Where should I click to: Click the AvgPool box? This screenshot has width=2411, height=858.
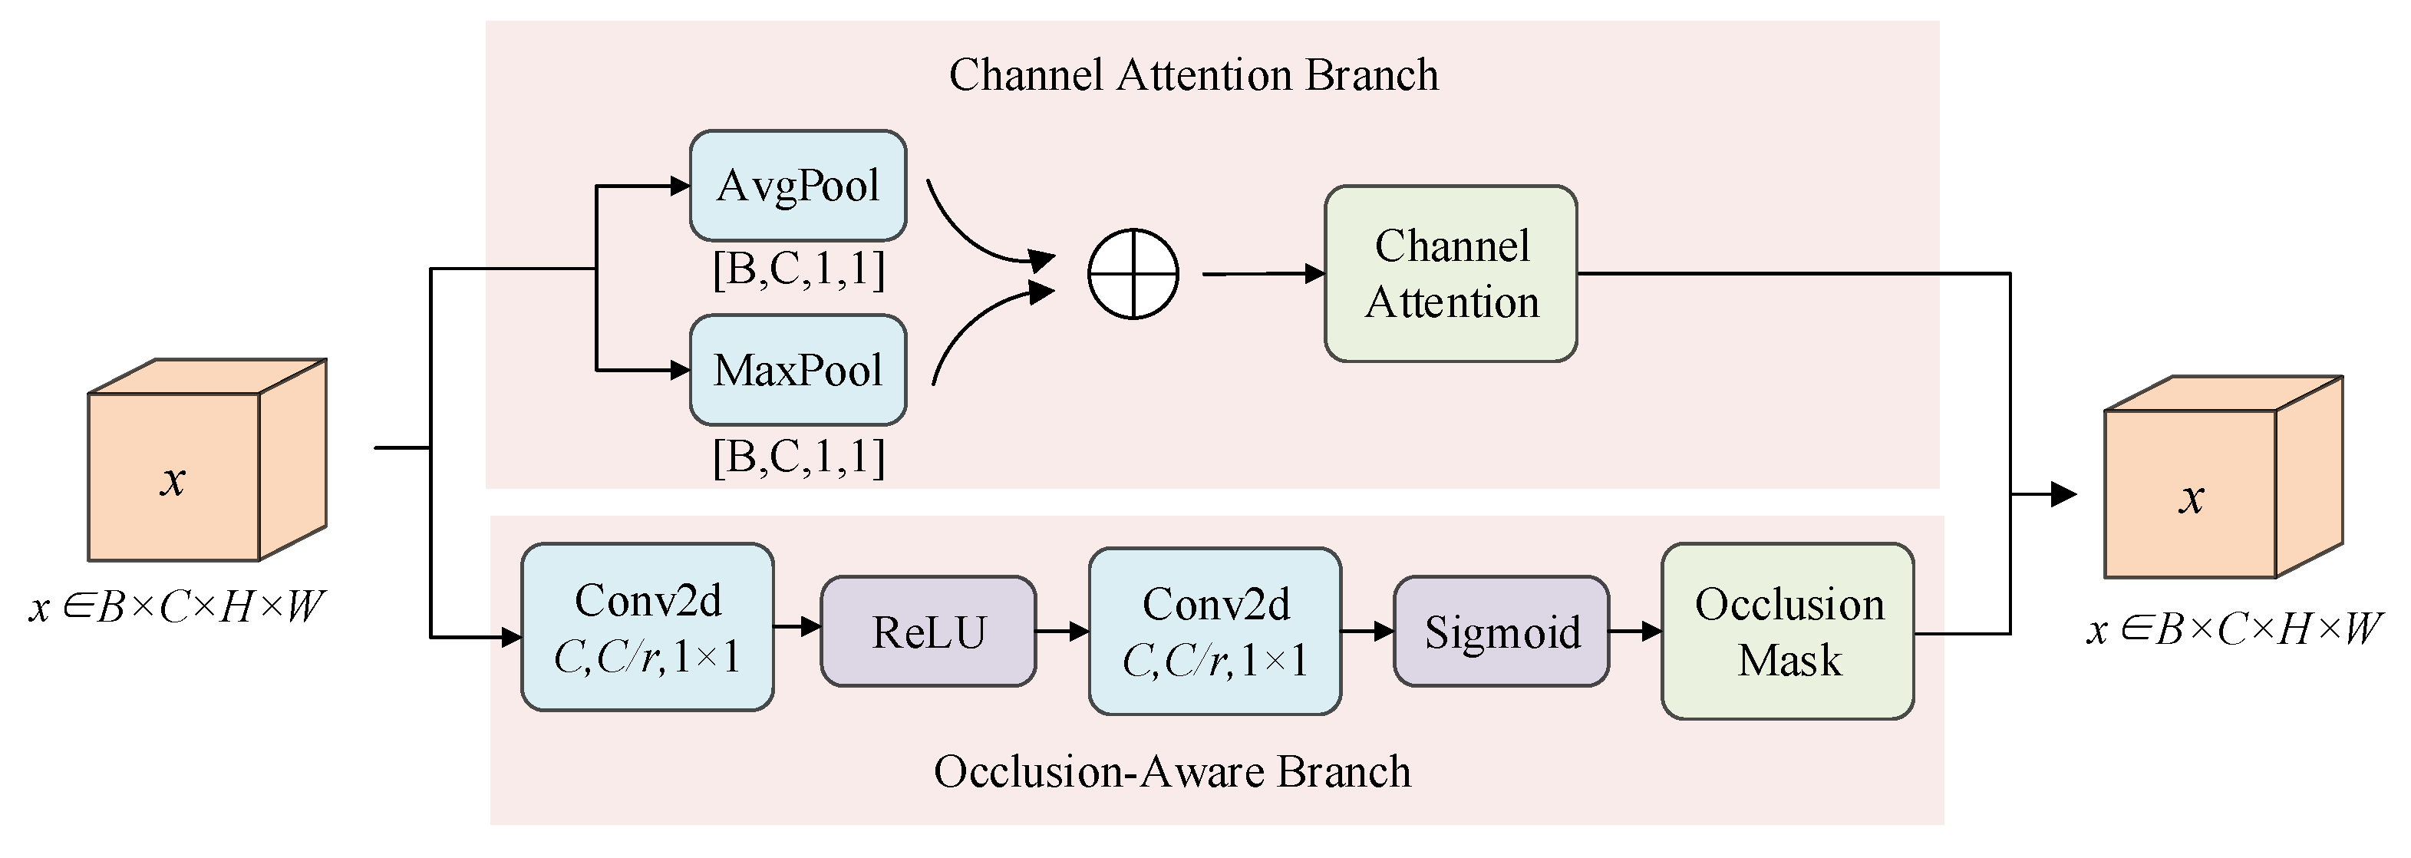pyautogui.click(x=797, y=185)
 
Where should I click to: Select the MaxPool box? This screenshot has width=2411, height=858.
pyautogui.click(x=797, y=370)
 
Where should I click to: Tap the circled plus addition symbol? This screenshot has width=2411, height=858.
pyautogui.click(x=1133, y=274)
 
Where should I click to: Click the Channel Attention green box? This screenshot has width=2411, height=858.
pyautogui.click(x=1450, y=274)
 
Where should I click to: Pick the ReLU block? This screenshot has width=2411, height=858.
pyautogui.click(x=928, y=632)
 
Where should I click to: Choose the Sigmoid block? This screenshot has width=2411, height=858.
pyautogui.click(x=1500, y=632)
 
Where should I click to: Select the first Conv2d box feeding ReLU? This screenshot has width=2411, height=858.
pyautogui.click(x=647, y=628)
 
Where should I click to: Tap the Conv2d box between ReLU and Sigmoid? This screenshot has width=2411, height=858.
pyautogui.click(x=1214, y=632)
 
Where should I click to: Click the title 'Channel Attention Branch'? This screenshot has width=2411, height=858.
pyautogui.click(x=1192, y=75)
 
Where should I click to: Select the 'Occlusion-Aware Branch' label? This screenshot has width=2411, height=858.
pyautogui.click(x=1172, y=772)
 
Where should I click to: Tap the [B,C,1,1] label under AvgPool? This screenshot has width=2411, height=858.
pyautogui.click(x=797, y=269)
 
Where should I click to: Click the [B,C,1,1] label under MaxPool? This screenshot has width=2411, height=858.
pyautogui.click(x=797, y=457)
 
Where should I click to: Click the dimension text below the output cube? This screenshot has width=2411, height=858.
pyautogui.click(x=2233, y=629)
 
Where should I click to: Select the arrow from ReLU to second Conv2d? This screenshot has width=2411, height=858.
pyautogui.click(x=1061, y=632)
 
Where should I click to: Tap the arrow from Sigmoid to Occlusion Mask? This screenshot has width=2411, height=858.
pyautogui.click(x=1634, y=632)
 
